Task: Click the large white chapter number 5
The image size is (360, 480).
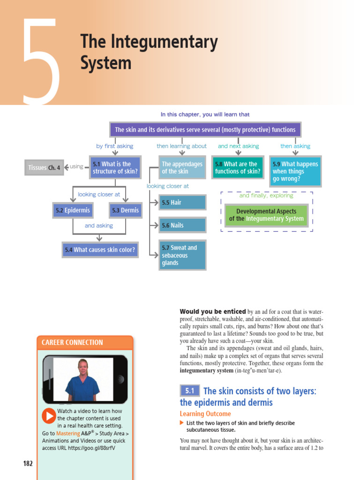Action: pos(41,61)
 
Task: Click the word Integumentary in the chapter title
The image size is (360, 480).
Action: pos(164,42)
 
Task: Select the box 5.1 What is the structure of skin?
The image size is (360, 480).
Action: pos(115,167)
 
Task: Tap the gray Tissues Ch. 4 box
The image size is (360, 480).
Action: pos(44,167)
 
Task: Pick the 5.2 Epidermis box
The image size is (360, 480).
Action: pos(73,210)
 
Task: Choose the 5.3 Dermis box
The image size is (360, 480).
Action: pos(126,210)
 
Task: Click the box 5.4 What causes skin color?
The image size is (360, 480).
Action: pos(100,250)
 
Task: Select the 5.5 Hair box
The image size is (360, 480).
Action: pos(182,202)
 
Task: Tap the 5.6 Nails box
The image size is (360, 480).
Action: pos(182,225)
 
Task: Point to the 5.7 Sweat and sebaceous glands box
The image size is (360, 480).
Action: pos(182,255)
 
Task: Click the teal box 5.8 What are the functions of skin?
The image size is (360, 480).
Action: pos(238,167)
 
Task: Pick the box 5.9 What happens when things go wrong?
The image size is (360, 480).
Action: pos(295,171)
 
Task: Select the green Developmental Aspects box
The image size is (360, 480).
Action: pos(266,215)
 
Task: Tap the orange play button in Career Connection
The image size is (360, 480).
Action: pos(49,416)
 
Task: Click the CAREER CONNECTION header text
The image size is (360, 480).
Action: pos(72,343)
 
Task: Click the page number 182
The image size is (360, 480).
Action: pos(28,464)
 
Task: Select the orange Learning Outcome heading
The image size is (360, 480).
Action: pos(205,414)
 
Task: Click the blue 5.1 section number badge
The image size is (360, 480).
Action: pos(190,390)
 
